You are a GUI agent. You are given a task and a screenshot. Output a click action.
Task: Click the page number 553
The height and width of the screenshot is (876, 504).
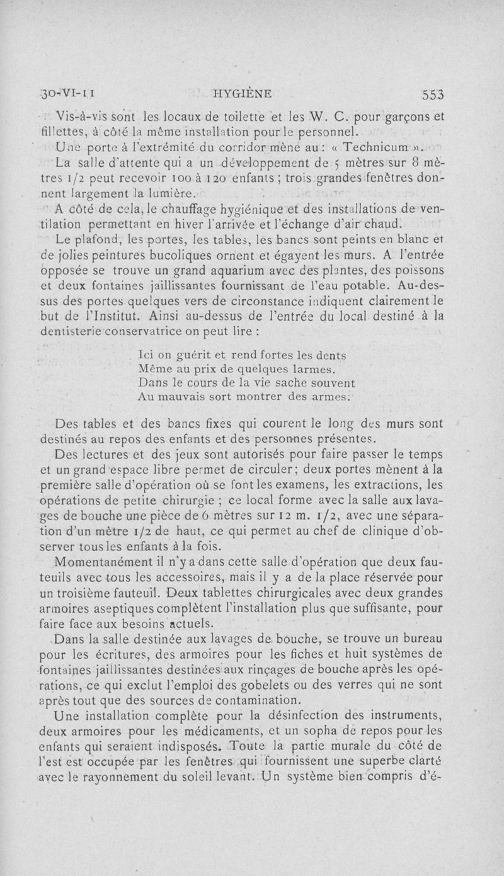433,94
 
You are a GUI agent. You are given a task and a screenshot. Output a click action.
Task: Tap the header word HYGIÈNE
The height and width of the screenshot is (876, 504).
243,94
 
